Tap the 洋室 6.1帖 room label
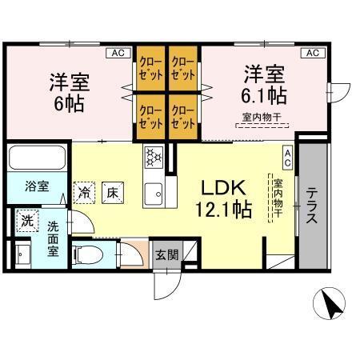pyautogui.click(x=266, y=84)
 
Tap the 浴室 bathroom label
pyautogui.click(x=36, y=187)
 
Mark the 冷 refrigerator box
pyautogui.click(x=84, y=192)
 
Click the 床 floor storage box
pyautogui.click(x=113, y=192)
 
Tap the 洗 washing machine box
pyautogui.click(x=28, y=220)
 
